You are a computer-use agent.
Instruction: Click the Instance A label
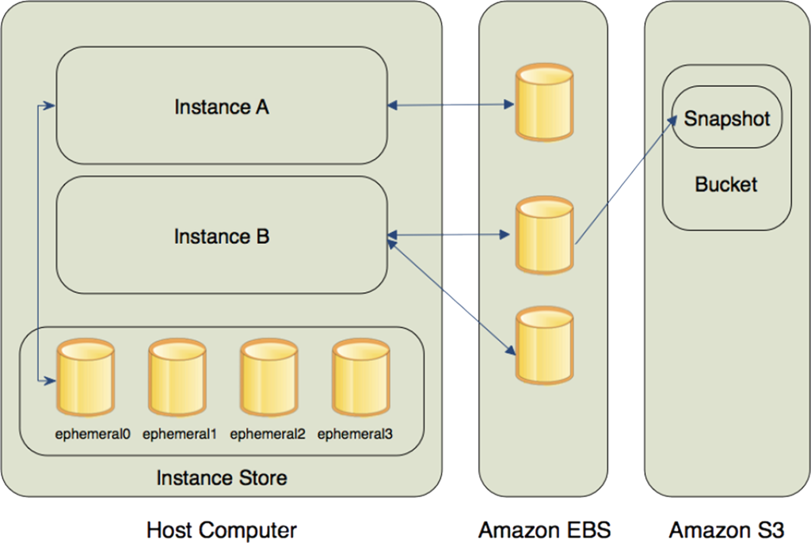[x=222, y=107]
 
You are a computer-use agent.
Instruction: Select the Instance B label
[x=222, y=237]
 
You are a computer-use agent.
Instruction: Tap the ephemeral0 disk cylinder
[x=85, y=378]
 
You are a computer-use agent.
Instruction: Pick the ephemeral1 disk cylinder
[x=177, y=378]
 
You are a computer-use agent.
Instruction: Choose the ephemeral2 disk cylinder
[x=269, y=378]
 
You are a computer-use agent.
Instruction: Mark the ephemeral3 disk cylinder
[x=361, y=378]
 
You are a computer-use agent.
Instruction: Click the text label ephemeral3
[x=355, y=434]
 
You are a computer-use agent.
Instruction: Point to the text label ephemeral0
[x=93, y=434]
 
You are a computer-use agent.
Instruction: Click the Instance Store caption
[x=221, y=478]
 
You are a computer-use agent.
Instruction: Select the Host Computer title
[x=222, y=529]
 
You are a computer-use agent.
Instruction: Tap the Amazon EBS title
[x=544, y=529]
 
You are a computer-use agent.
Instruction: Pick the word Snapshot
[x=727, y=119]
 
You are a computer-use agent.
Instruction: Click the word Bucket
[x=726, y=184]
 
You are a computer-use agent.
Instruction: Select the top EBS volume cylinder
[x=544, y=104]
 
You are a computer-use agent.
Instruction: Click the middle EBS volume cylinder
[x=544, y=235]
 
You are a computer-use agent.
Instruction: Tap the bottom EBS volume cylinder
[x=544, y=344]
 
